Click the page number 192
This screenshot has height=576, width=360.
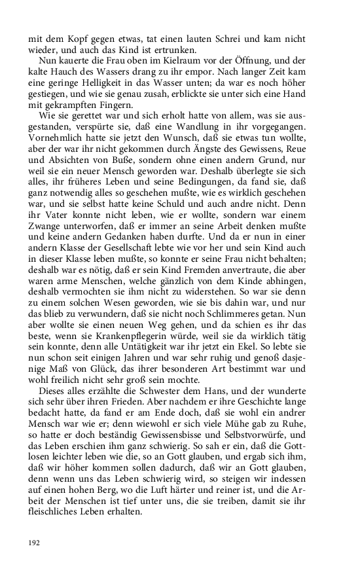click(34, 543)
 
